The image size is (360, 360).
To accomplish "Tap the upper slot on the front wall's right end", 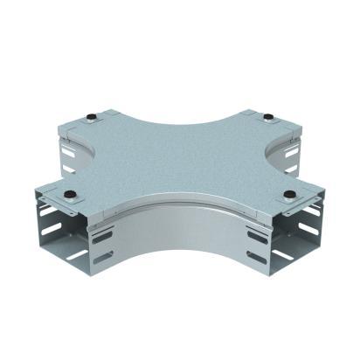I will [x=257, y=237].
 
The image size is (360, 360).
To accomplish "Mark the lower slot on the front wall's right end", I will [x=257, y=258].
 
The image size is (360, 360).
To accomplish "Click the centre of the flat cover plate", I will [x=179, y=157].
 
